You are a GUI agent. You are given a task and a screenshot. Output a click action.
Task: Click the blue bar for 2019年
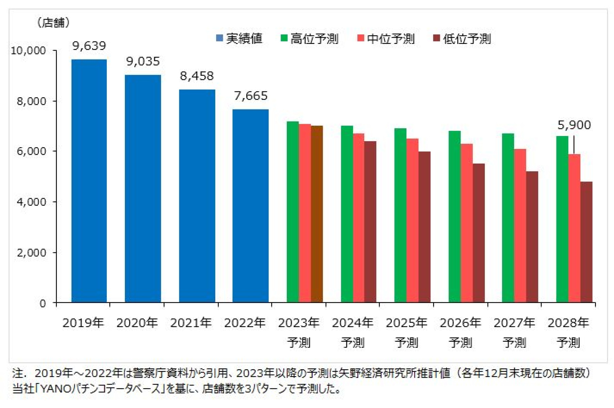tap(89, 180)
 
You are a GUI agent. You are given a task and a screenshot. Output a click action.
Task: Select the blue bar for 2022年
tap(250, 206)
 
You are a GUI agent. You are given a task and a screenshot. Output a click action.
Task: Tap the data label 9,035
tap(143, 62)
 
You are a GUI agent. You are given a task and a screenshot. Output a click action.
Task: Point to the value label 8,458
tap(197, 76)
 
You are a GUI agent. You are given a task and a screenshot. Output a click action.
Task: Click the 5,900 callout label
tap(574, 125)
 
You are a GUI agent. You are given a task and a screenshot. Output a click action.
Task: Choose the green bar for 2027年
tap(508, 218)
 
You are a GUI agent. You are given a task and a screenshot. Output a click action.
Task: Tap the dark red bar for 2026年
tap(479, 233)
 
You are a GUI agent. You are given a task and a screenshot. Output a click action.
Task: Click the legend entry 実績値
tap(239, 38)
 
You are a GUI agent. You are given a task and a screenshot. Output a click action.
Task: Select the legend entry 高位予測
tap(310, 38)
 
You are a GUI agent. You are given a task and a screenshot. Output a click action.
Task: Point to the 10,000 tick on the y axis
tap(28, 51)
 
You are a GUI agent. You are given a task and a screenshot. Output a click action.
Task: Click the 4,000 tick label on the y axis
tap(31, 202)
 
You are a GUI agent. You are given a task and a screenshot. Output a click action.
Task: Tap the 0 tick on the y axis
tap(43, 303)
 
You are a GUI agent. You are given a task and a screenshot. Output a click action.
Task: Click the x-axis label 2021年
tap(190, 323)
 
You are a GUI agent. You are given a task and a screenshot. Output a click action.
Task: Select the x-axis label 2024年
tap(352, 323)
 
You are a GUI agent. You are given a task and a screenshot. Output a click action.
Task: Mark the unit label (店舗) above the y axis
tap(53, 23)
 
